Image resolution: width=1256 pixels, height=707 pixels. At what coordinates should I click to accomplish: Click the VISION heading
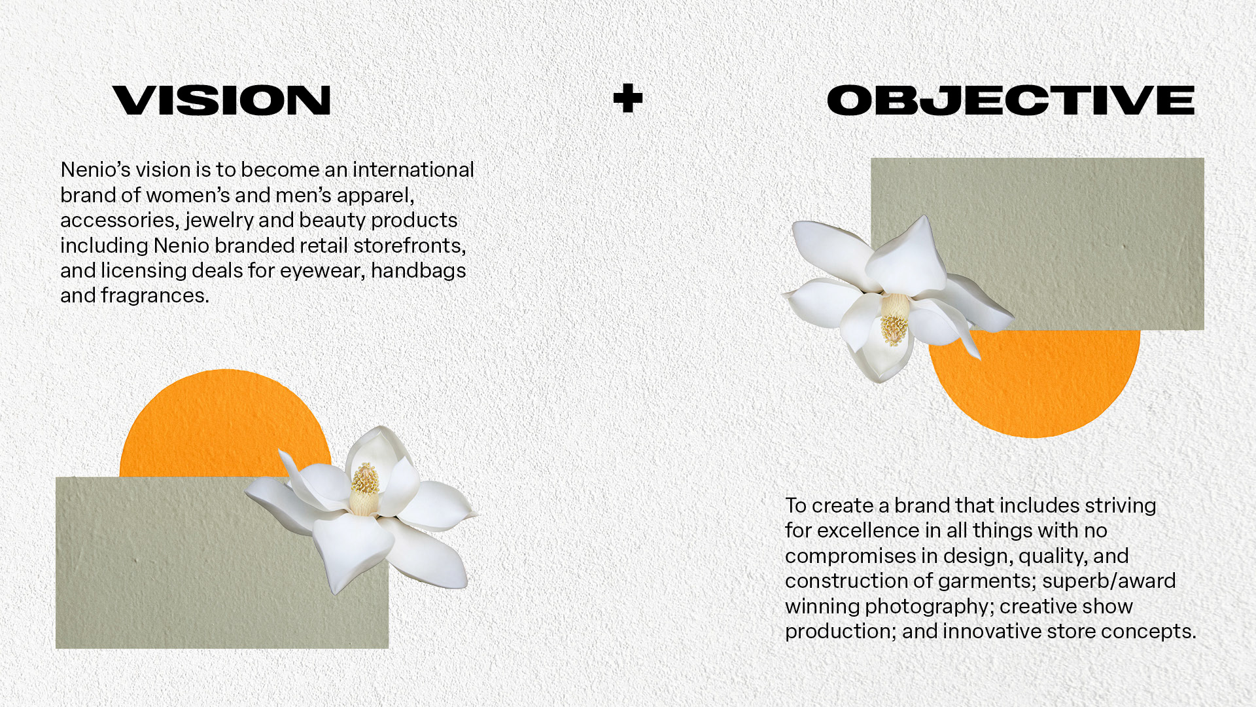point(222,100)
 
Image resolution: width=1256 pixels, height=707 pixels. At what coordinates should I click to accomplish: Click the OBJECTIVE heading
point(1011,100)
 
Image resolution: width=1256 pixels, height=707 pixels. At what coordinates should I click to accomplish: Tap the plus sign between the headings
point(628,98)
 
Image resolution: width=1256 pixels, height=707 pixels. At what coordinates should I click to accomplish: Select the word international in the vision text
point(413,170)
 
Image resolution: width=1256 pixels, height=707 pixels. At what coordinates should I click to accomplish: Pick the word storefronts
point(410,245)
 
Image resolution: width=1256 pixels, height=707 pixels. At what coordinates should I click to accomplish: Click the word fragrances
point(155,296)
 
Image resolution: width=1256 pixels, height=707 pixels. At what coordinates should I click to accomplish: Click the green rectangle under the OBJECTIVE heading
point(1073,223)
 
